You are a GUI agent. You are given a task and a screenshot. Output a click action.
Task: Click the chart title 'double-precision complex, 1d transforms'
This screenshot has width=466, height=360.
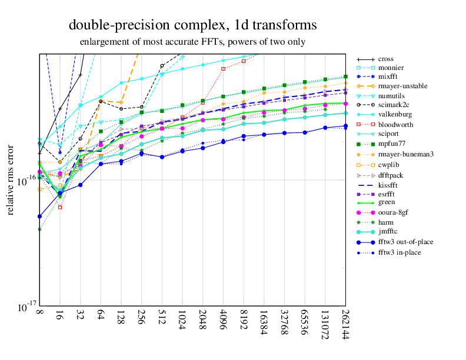coord(192,25)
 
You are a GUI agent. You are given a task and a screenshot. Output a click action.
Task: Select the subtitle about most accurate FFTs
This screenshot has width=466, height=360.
coord(192,42)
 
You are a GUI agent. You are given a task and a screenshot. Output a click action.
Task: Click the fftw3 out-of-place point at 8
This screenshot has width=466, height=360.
coord(39,216)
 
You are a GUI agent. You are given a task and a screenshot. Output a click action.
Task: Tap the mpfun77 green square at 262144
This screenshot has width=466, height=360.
coord(345,76)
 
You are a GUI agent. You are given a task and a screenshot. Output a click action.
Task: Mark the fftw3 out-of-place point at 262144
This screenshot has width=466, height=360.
coord(345,126)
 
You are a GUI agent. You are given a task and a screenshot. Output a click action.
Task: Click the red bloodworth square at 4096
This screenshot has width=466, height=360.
coord(223,69)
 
